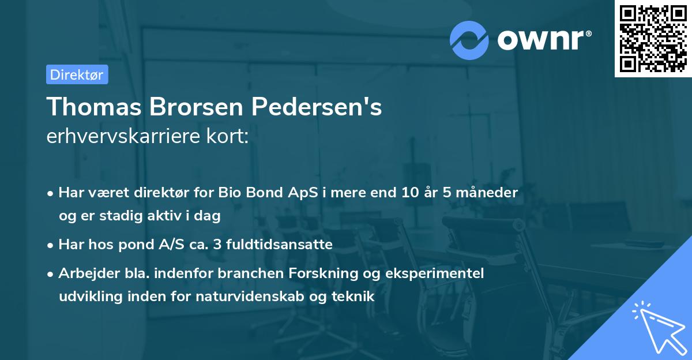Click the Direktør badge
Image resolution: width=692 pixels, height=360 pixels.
pyautogui.click(x=77, y=74)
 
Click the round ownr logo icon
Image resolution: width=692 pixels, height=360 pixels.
pyautogui.click(x=469, y=40)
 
